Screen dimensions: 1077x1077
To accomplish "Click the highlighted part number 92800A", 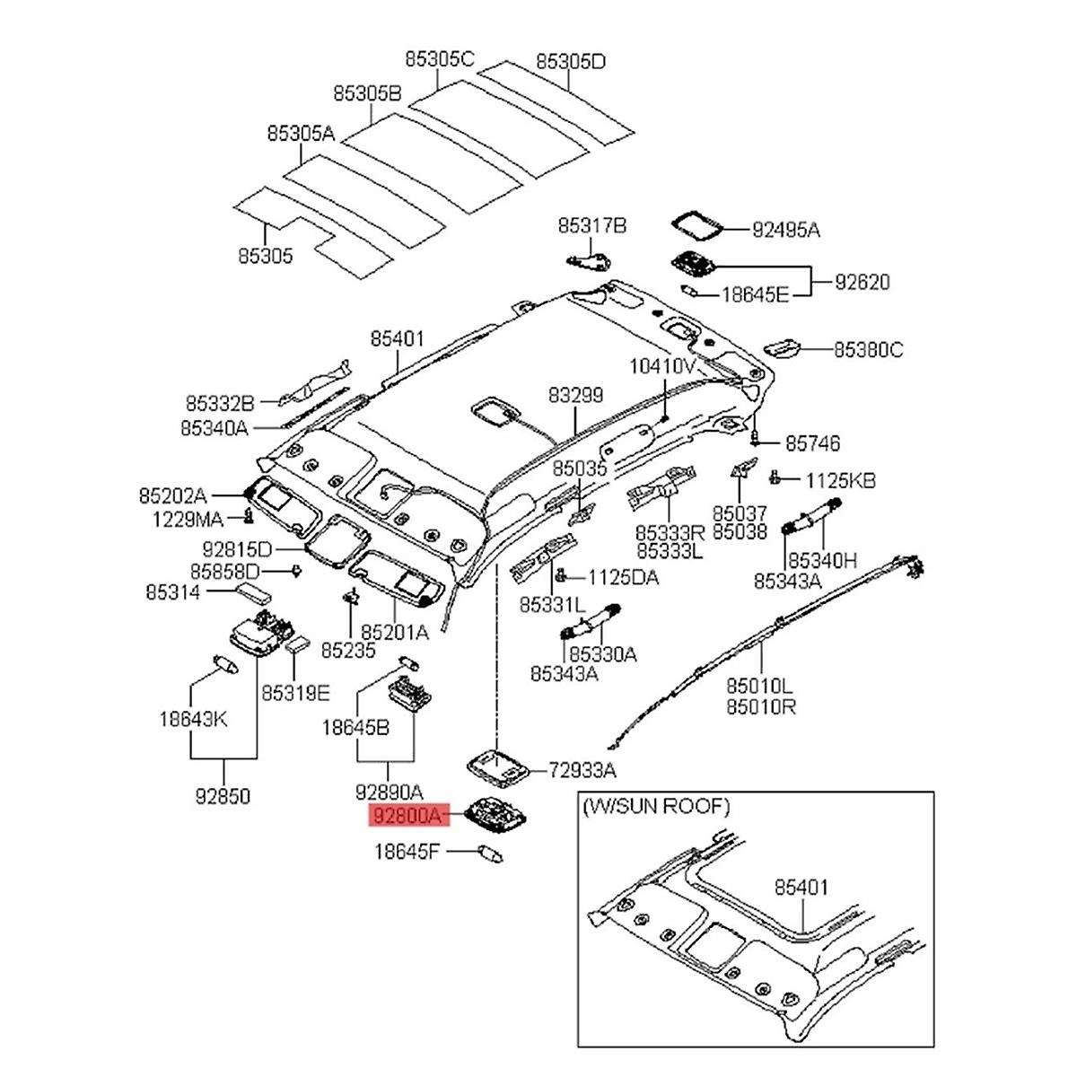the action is [x=408, y=817].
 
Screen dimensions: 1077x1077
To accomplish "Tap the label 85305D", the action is [x=571, y=62].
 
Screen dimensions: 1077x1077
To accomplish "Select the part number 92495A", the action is [x=785, y=230].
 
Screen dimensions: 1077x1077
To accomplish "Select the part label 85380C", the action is [x=868, y=350].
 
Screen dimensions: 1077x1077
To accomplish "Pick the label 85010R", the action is [x=762, y=706].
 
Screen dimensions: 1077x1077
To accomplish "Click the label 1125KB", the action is [x=839, y=480].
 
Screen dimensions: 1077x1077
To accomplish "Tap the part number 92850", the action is [x=223, y=795].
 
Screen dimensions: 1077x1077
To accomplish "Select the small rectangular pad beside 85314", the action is [x=256, y=591].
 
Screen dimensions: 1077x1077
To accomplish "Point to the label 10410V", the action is [x=663, y=366].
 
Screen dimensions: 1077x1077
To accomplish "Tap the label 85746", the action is [x=813, y=443].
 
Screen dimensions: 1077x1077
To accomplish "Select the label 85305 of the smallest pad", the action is [x=266, y=256].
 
